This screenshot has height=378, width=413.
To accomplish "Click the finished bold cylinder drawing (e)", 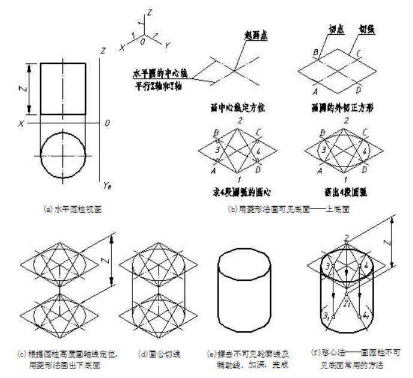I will pos(239,286).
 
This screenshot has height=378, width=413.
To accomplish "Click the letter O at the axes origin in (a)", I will pos(106,123).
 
